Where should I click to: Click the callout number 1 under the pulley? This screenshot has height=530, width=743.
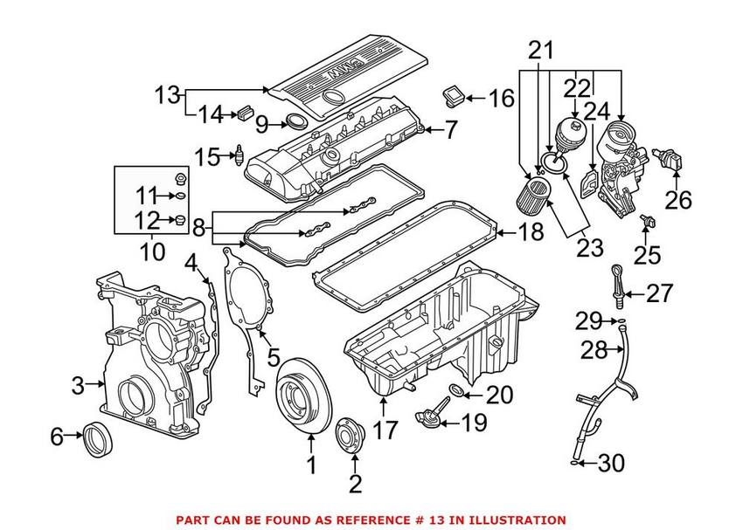311,467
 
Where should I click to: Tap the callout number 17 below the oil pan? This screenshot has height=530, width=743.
385,430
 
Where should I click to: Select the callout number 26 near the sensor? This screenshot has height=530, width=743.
678,199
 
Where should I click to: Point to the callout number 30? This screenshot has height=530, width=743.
611,463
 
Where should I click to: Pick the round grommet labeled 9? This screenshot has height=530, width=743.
297,123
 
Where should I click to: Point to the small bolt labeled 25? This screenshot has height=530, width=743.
648,222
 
